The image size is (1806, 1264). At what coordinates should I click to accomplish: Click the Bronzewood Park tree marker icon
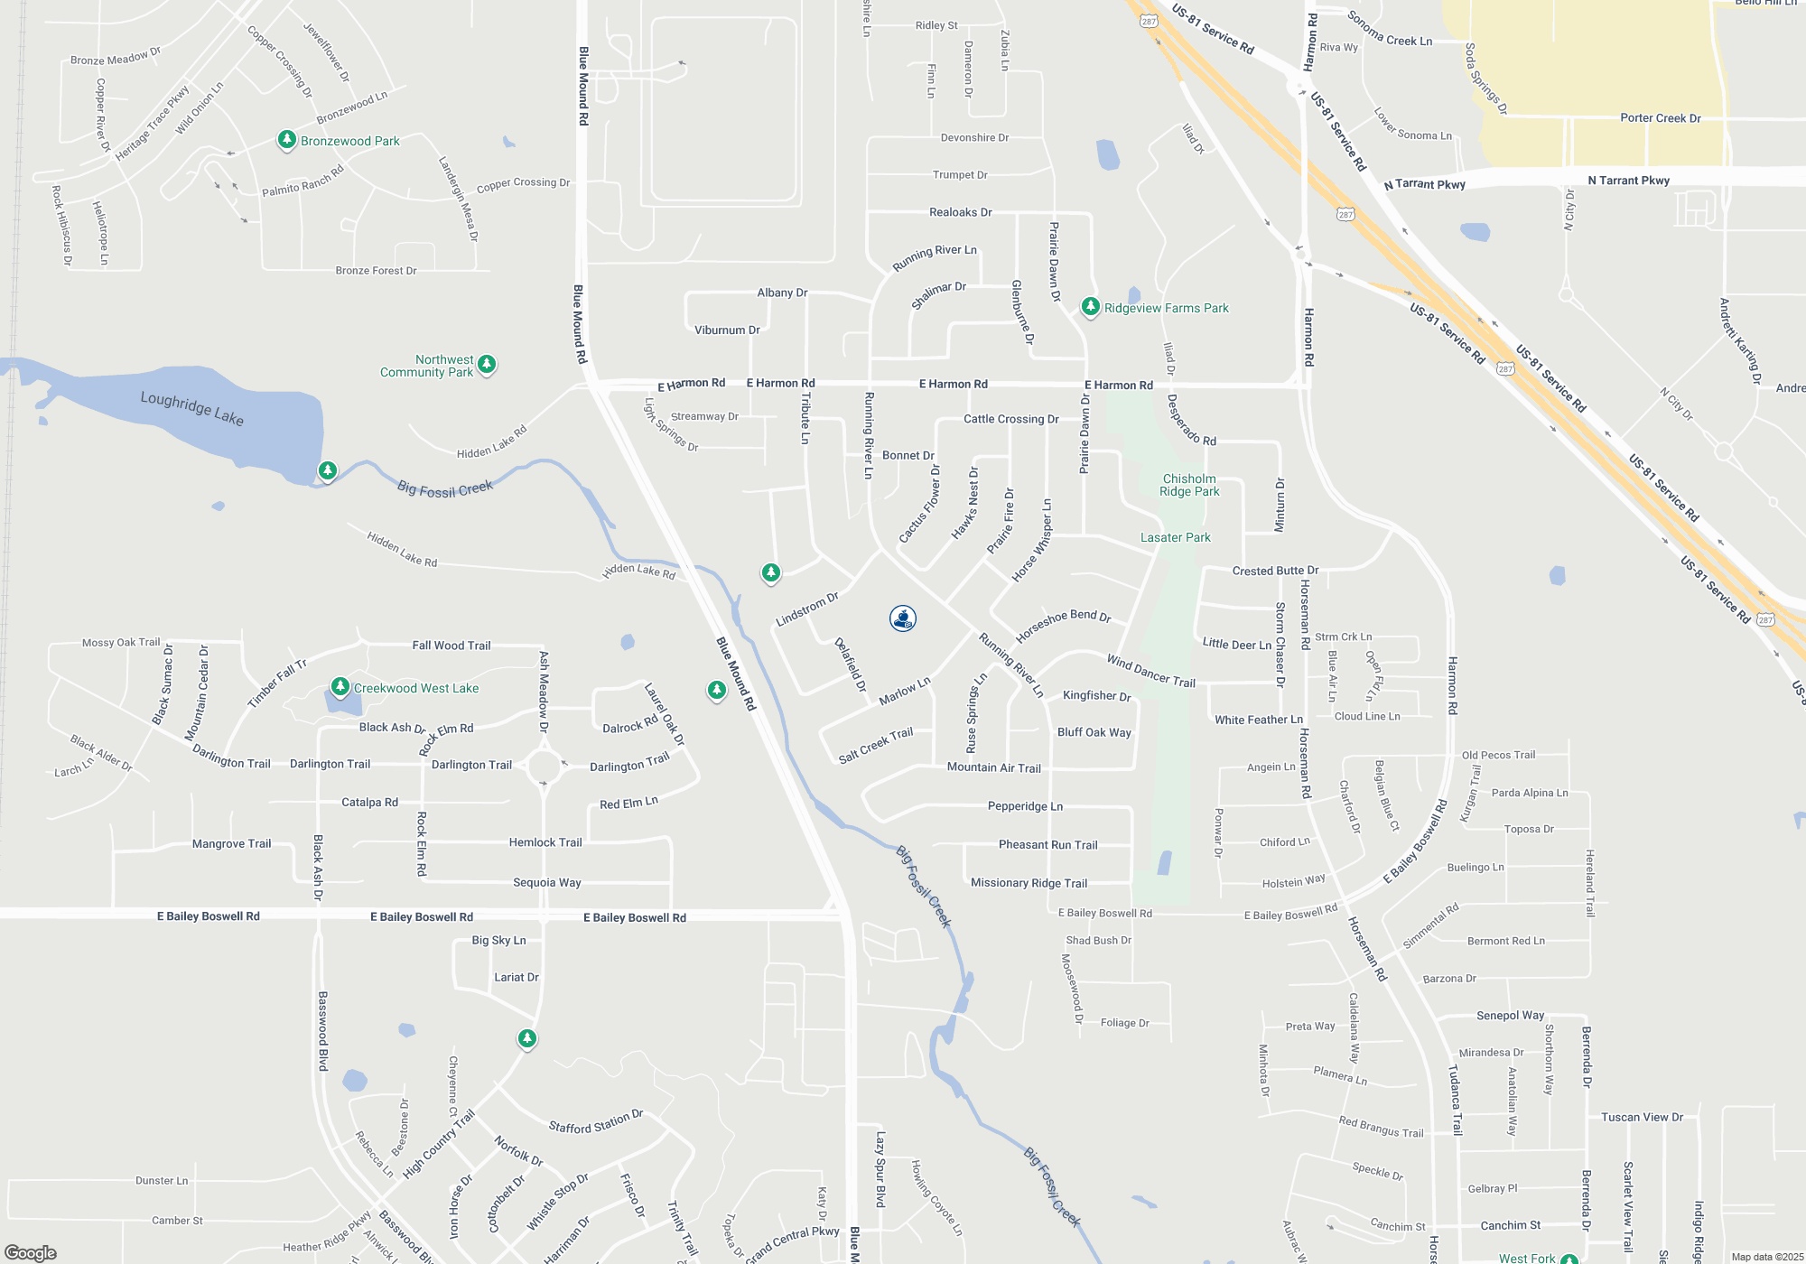[x=286, y=140]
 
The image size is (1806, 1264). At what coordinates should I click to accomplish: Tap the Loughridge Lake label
[x=191, y=407]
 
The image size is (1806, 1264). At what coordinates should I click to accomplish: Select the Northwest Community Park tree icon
[x=487, y=364]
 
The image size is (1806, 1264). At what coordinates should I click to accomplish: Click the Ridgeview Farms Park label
[x=1166, y=308]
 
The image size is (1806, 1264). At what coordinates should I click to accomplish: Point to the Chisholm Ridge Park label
[x=1189, y=485]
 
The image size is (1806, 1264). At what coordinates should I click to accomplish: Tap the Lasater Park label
[x=1175, y=537]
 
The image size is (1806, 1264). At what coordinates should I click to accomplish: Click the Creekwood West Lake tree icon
[x=340, y=687]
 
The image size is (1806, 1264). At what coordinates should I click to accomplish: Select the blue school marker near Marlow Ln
[x=903, y=618]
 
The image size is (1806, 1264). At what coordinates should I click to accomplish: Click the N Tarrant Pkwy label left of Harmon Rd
[x=1424, y=184]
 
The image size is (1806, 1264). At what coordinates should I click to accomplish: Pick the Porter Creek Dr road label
[x=1660, y=118]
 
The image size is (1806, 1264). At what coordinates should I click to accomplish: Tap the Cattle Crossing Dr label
[x=1010, y=419]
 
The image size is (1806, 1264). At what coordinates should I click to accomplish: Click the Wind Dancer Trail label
[x=1150, y=671]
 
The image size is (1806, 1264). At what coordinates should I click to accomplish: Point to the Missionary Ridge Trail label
[x=1029, y=883]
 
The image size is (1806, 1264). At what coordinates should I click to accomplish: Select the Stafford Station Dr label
[x=596, y=1121]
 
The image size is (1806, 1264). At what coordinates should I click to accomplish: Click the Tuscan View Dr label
[x=1642, y=1117]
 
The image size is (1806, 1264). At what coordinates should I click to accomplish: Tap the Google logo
[x=31, y=1252]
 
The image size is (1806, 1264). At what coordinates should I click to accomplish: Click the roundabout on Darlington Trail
[x=544, y=767]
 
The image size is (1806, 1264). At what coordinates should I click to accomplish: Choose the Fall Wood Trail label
[x=451, y=646]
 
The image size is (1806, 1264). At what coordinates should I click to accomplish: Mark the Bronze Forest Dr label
[x=376, y=270]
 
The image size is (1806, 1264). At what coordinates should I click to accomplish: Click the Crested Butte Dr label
[x=1275, y=571]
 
